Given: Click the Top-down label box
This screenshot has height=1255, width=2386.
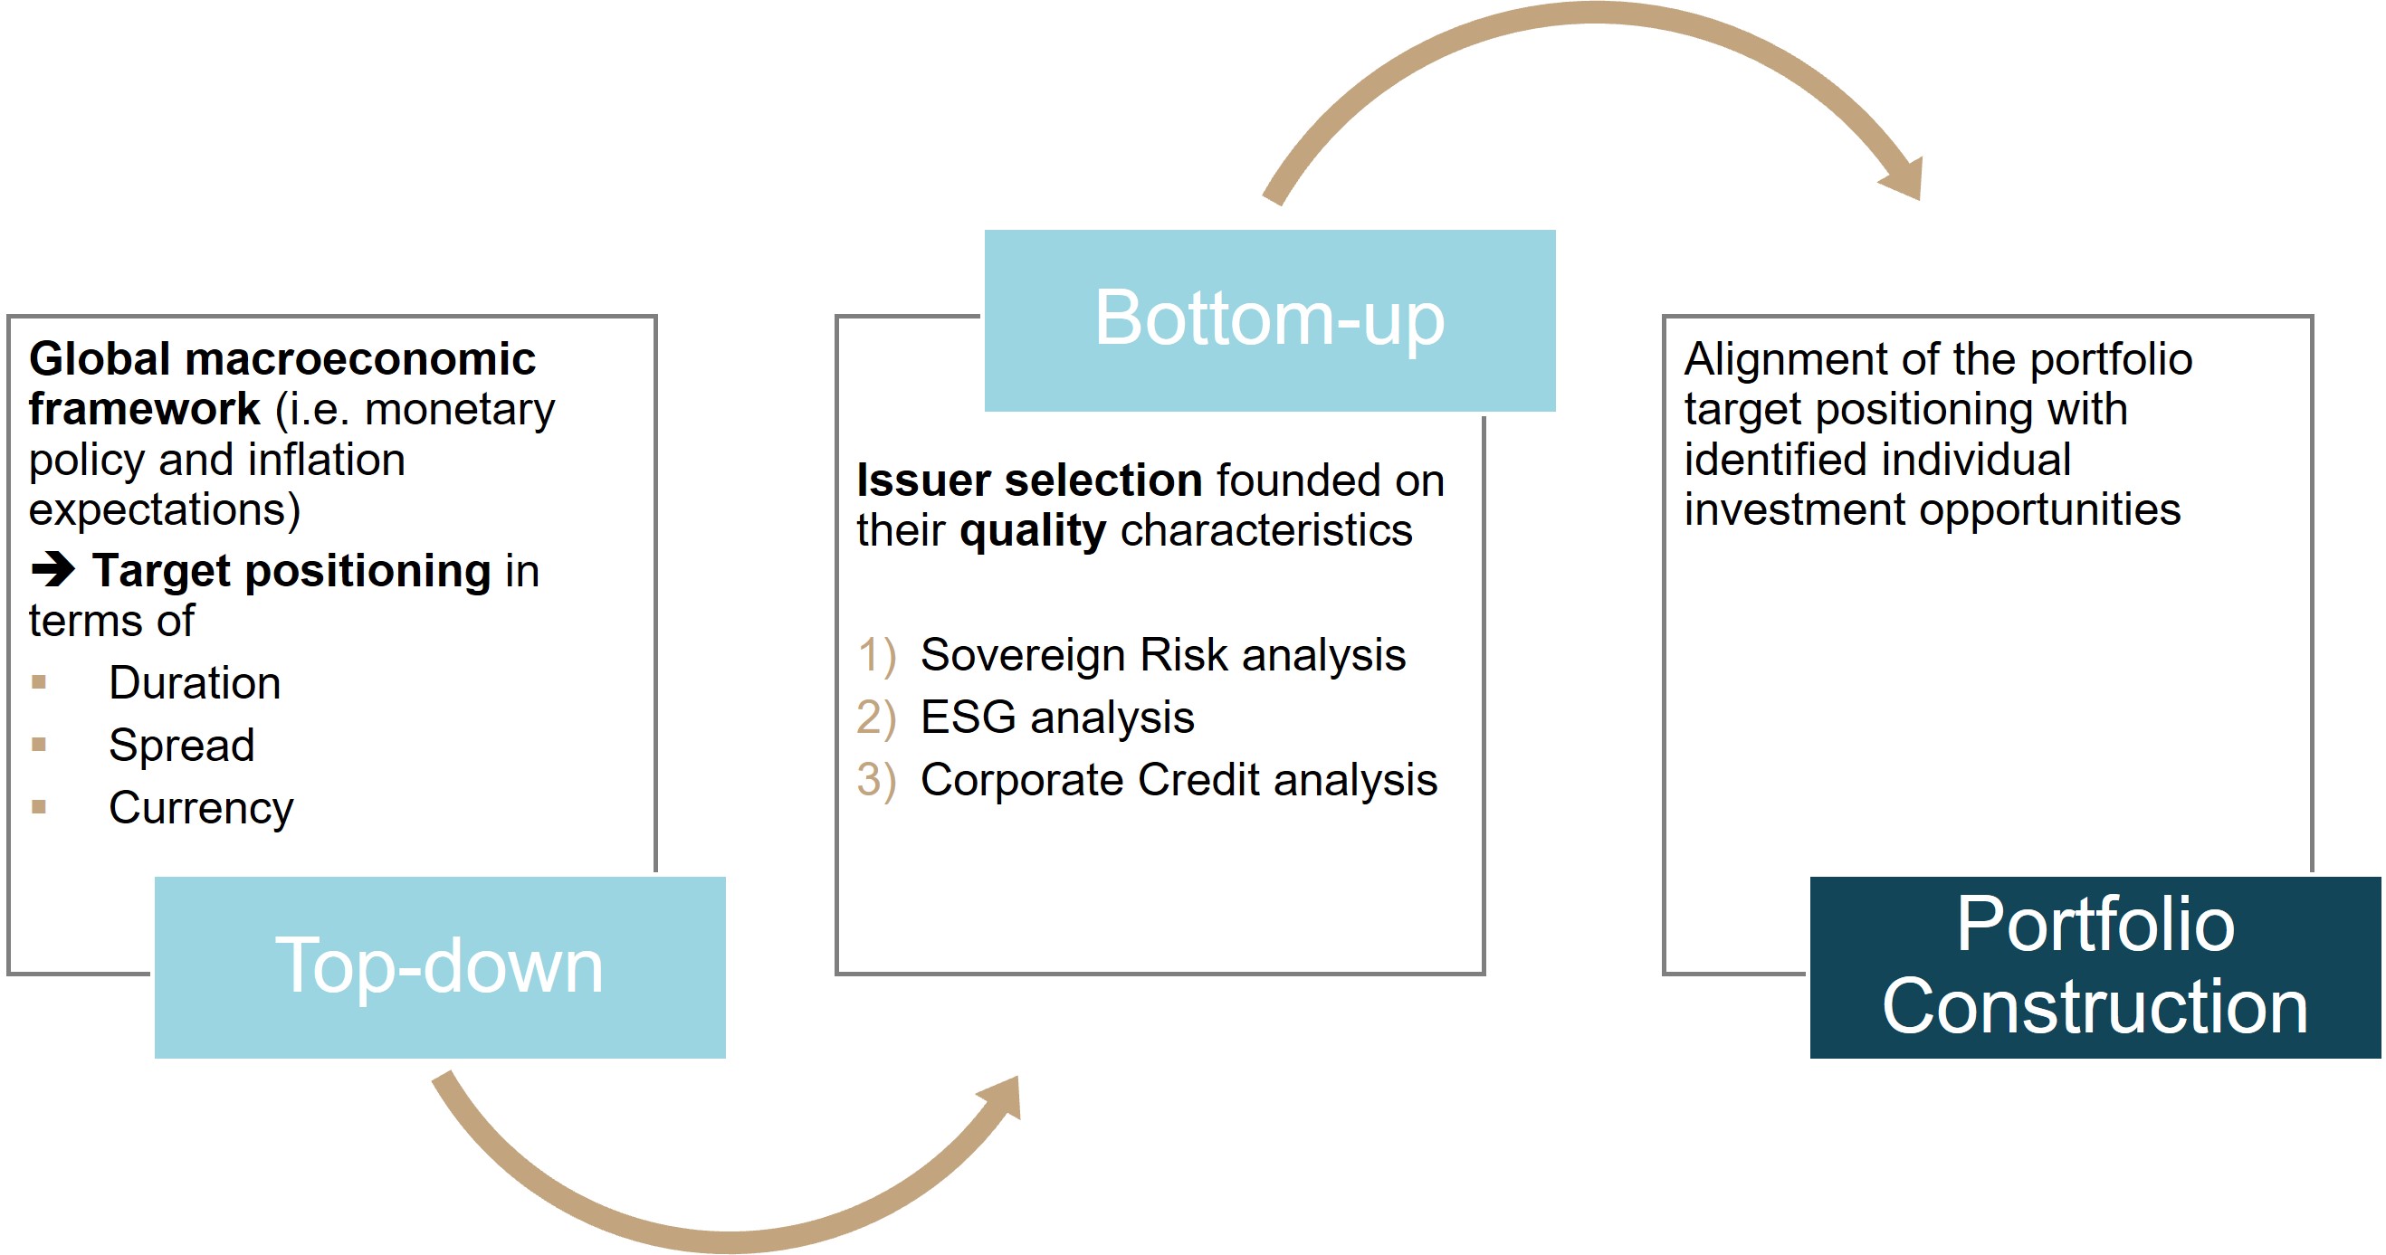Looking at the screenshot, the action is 440,967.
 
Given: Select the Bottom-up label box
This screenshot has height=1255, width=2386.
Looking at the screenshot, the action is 1270,320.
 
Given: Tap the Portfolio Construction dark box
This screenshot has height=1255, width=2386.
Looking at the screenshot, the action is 2095,967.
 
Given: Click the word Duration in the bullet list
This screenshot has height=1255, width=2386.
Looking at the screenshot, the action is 195,682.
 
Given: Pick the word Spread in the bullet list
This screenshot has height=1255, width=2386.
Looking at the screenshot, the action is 182,746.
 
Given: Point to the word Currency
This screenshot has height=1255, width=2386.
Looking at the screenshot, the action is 201,809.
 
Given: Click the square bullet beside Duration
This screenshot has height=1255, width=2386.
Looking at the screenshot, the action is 39,682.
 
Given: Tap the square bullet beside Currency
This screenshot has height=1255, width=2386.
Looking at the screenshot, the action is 39,807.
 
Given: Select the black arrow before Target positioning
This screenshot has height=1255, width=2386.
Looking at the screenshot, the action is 52,569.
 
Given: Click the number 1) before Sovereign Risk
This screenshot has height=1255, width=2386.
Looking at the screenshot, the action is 876,656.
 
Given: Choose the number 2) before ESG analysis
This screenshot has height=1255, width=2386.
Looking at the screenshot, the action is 876,718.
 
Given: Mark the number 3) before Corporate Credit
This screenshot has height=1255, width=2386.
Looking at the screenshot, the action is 876,780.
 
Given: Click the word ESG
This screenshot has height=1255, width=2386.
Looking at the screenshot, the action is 968,717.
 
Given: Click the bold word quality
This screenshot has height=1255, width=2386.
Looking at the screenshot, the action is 1033,532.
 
